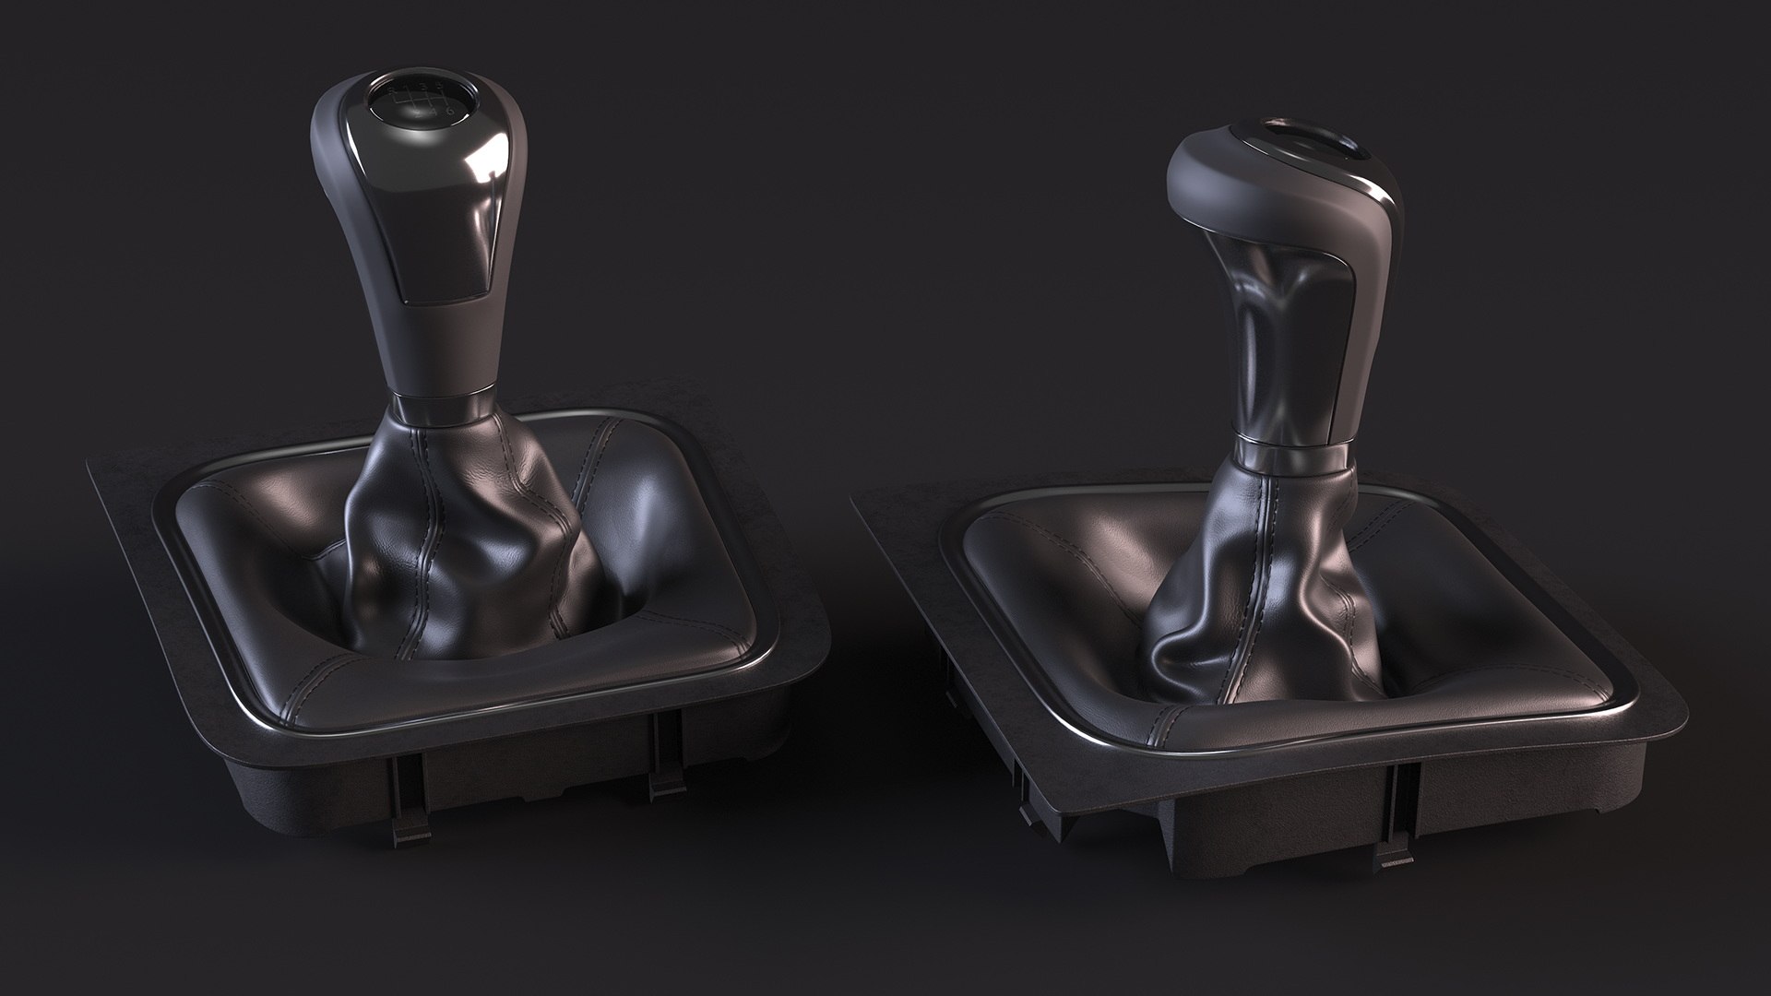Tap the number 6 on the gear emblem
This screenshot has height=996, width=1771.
(x=448, y=112)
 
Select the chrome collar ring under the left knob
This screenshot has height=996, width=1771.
(x=441, y=404)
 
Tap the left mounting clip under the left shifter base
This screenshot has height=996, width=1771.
(x=407, y=812)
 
